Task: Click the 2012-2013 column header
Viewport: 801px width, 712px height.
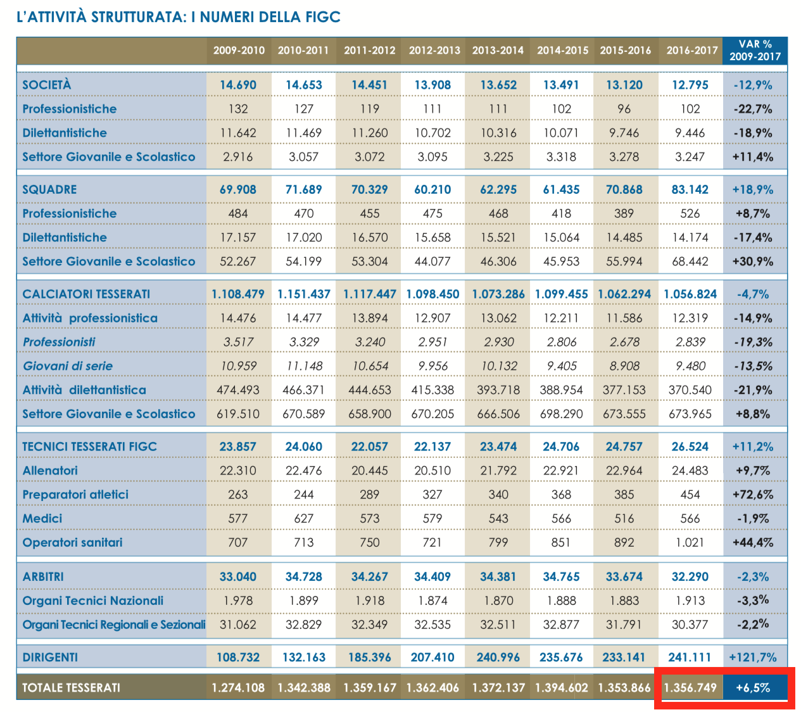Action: click(434, 50)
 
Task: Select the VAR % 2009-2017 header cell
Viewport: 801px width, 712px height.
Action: click(755, 50)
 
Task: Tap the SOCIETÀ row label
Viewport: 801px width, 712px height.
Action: click(47, 85)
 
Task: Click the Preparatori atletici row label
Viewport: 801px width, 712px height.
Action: click(75, 495)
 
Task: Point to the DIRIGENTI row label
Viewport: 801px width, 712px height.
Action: click(50, 658)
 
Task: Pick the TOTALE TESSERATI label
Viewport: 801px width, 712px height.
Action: click(71, 687)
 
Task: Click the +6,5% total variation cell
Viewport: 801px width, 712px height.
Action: click(753, 687)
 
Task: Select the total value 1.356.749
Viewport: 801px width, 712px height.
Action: click(690, 687)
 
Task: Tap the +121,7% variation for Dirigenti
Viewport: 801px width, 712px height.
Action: click(753, 658)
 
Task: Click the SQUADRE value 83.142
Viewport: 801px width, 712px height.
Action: click(690, 189)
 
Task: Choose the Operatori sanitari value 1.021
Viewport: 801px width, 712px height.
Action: click(690, 543)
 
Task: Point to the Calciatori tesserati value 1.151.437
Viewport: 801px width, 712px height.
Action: click(304, 294)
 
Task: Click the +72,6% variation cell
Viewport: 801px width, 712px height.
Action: click(753, 495)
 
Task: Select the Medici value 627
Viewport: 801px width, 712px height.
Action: click(304, 519)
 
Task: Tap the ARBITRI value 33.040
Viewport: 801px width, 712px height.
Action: click(238, 577)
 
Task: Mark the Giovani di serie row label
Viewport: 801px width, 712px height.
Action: click(68, 366)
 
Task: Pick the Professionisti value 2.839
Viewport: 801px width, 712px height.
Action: click(690, 342)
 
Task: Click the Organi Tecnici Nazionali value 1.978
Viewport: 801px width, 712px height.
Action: click(238, 601)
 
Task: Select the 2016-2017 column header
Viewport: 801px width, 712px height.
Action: click(691, 50)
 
